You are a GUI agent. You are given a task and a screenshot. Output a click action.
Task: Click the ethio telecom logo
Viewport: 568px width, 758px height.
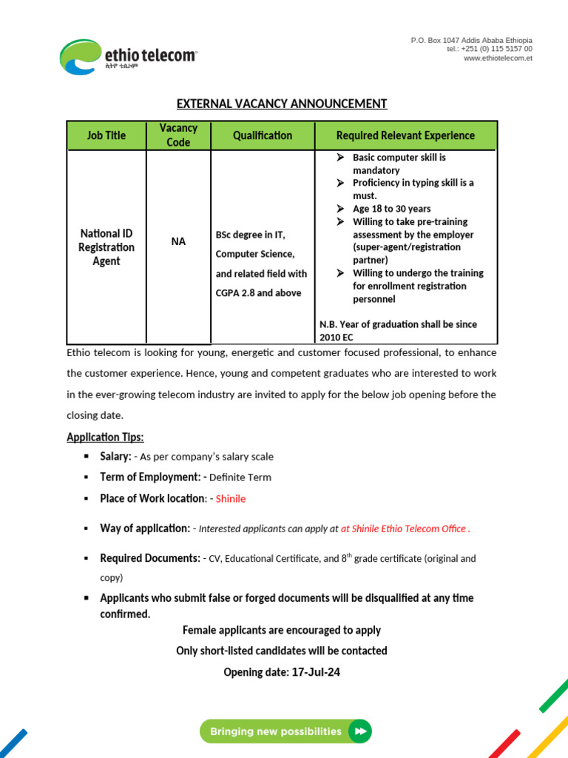point(128,57)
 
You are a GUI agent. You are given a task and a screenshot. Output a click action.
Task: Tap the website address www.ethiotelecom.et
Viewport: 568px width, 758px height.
point(498,58)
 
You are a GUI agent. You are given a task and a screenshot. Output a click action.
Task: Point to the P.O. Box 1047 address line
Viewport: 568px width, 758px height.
point(471,40)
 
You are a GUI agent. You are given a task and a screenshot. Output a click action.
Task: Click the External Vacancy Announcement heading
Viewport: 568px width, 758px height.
point(281,104)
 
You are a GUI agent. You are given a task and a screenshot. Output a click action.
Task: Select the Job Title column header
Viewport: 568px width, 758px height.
point(106,135)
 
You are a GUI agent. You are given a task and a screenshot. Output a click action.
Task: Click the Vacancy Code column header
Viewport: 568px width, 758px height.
point(178,135)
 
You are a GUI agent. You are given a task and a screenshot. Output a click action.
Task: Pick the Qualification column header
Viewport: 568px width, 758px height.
point(263,135)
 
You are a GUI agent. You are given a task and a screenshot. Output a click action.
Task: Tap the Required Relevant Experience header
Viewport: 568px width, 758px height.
point(405,135)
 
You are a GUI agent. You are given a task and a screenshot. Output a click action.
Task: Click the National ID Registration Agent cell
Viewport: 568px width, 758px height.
point(106,247)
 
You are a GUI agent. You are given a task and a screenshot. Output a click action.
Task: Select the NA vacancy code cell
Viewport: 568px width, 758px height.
point(178,241)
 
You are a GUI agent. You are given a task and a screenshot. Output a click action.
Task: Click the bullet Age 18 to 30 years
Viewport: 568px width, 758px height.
point(391,209)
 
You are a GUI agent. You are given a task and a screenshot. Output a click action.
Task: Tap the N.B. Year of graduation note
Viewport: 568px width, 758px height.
point(398,330)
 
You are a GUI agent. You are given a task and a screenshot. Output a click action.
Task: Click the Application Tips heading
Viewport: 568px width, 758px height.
point(105,437)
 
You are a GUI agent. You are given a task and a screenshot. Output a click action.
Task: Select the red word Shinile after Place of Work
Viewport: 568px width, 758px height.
point(231,499)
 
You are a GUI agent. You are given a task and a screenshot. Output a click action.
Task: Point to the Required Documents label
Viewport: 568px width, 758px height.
point(150,558)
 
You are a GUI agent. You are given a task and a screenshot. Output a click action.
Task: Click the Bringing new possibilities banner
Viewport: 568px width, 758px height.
point(285,731)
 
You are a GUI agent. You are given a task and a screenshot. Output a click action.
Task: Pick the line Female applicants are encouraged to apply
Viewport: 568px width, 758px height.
point(281,630)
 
